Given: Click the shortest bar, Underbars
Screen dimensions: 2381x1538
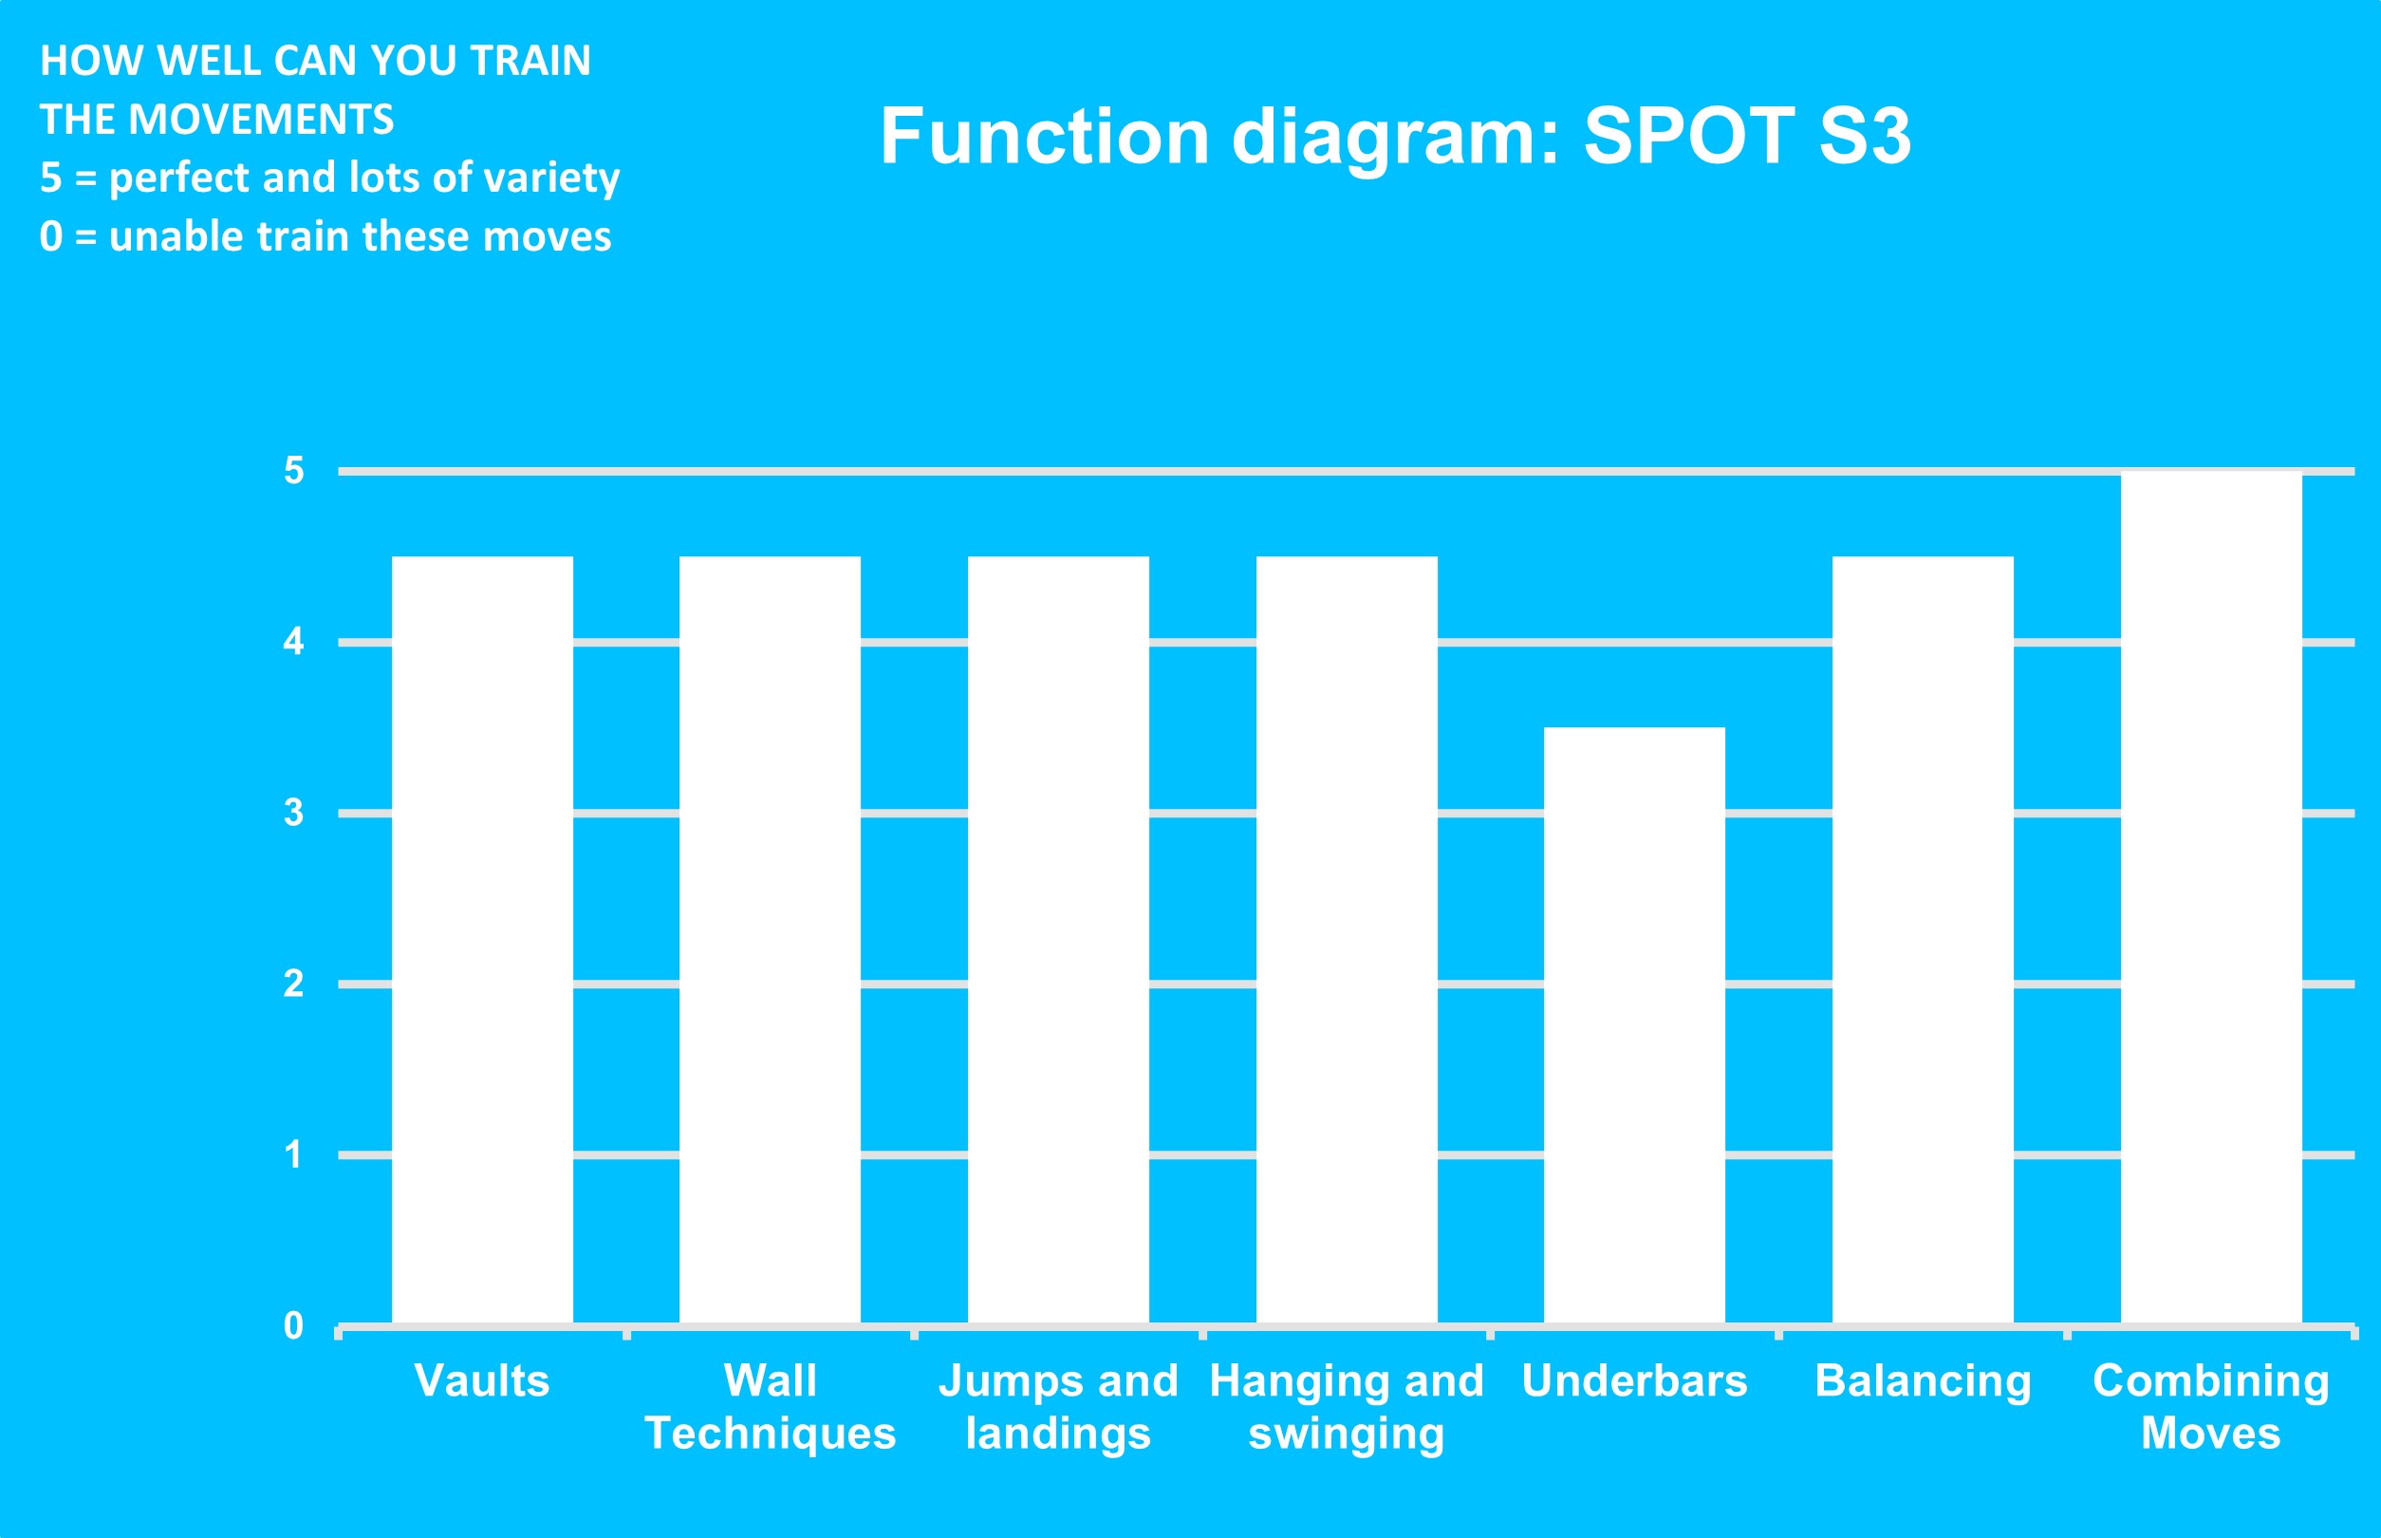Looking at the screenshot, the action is (1634, 1025).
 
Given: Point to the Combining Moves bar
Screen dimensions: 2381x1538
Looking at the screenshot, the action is (2211, 898).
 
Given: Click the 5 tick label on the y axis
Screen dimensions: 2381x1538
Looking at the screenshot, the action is (293, 470).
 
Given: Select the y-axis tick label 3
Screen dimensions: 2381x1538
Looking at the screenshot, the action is (293, 813).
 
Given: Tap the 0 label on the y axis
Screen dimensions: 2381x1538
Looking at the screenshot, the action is (293, 1325).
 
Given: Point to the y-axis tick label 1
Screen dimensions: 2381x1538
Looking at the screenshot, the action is (293, 1154).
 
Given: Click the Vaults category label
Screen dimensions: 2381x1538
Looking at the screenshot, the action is (482, 1381).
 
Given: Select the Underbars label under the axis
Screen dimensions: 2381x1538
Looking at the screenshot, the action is (1634, 1381).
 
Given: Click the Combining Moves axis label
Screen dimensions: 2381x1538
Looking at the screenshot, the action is (2211, 1408).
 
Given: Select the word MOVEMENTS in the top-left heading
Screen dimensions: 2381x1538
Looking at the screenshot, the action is (262, 120).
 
